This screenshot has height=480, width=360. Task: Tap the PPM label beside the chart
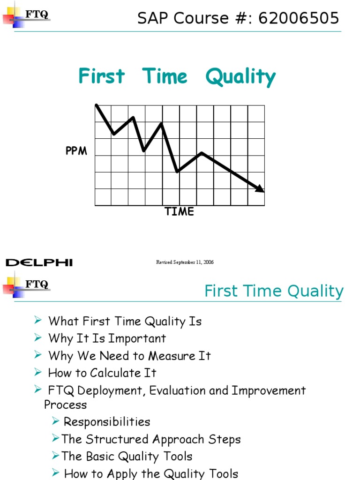(x=76, y=151)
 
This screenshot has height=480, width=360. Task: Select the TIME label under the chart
(x=179, y=211)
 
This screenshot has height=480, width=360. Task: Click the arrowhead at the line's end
(x=260, y=188)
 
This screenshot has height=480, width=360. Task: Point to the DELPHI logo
(x=39, y=262)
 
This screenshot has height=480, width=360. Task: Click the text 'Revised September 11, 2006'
(x=185, y=262)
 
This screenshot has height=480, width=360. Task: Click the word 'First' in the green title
(x=102, y=76)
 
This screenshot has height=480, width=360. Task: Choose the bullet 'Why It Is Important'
(x=107, y=338)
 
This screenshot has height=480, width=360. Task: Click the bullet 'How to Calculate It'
(x=102, y=373)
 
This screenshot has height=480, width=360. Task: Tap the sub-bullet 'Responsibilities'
(x=107, y=422)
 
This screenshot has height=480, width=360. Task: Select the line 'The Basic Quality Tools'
(x=127, y=457)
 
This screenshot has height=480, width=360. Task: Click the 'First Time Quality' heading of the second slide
(x=274, y=291)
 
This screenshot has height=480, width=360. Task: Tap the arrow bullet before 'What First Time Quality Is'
(x=38, y=321)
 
